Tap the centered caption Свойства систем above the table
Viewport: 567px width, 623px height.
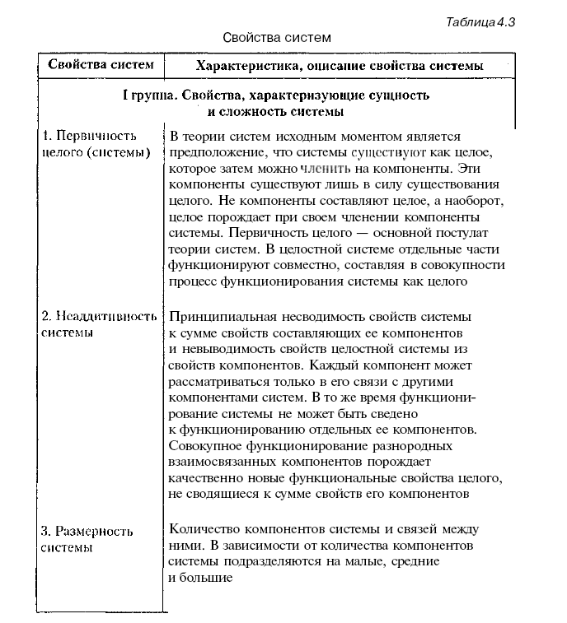(277, 38)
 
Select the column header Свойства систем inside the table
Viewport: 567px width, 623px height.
(101, 65)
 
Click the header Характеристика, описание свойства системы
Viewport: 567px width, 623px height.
(339, 65)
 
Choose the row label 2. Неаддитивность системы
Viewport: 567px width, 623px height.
(98, 324)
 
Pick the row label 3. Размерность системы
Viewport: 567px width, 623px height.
(87, 539)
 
